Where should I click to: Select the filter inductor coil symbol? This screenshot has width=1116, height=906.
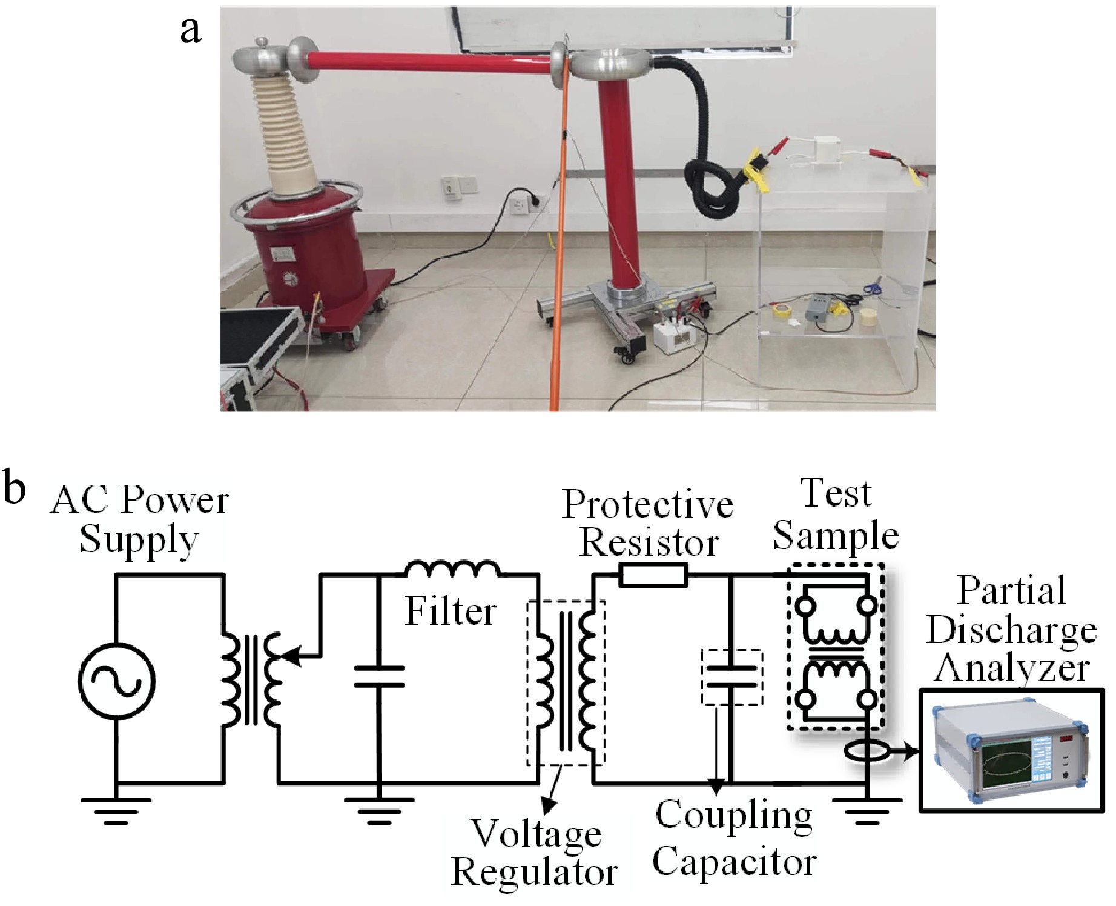pos(452,570)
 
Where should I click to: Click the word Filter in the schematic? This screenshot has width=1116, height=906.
pos(451,611)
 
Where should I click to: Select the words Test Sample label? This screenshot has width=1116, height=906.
pos(836,515)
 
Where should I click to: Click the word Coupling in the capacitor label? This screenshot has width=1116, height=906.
pos(734,815)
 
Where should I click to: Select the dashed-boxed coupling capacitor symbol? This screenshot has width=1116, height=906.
pos(732,677)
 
